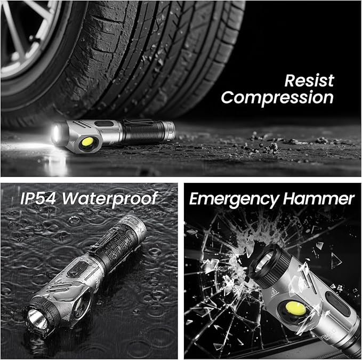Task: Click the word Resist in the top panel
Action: (309, 81)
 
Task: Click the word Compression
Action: (277, 98)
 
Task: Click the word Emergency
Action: (231, 199)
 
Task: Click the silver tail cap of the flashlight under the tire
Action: (168, 130)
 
